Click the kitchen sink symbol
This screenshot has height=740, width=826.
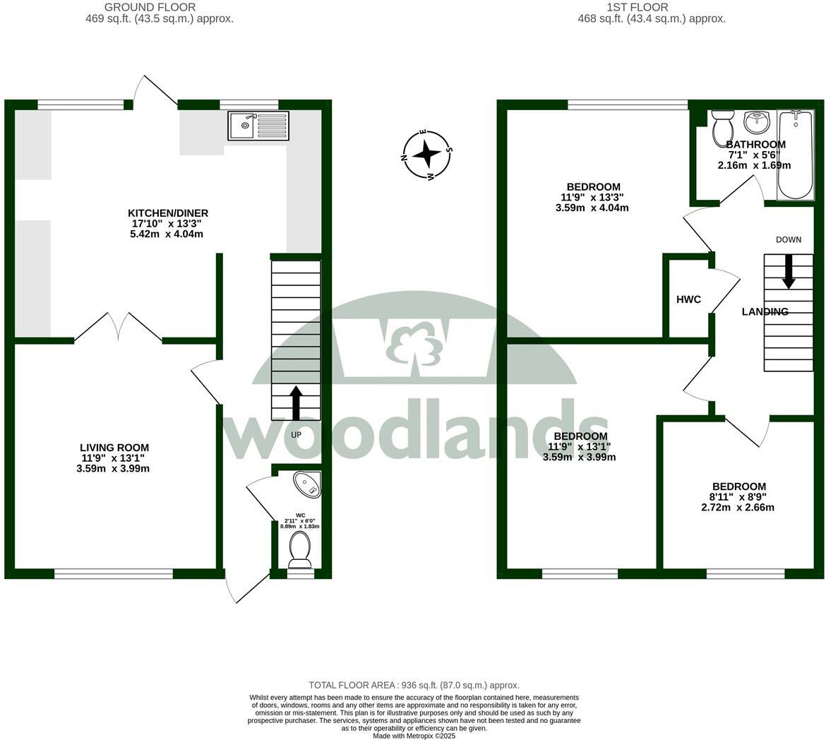click(258, 126)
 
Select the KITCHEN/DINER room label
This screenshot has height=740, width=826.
click(168, 213)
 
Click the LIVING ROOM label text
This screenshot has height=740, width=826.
click(114, 448)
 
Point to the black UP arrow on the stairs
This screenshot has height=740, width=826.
click(296, 402)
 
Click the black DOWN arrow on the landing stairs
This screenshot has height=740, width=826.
click(788, 271)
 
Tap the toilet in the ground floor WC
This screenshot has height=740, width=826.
click(300, 549)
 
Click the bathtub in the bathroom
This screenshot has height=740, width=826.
click(796, 154)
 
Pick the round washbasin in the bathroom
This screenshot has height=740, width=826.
click(758, 122)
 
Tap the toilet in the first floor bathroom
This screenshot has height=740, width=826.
click(723, 126)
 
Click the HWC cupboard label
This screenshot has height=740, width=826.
click(688, 299)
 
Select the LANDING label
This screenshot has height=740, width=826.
click(765, 311)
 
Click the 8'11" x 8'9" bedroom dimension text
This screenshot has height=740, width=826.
click(738, 497)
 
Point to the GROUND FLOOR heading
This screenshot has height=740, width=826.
click(150, 7)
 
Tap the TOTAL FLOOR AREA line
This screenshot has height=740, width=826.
click(414, 685)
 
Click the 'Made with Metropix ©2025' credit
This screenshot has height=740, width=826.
click(414, 735)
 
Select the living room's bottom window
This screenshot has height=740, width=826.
click(114, 573)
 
